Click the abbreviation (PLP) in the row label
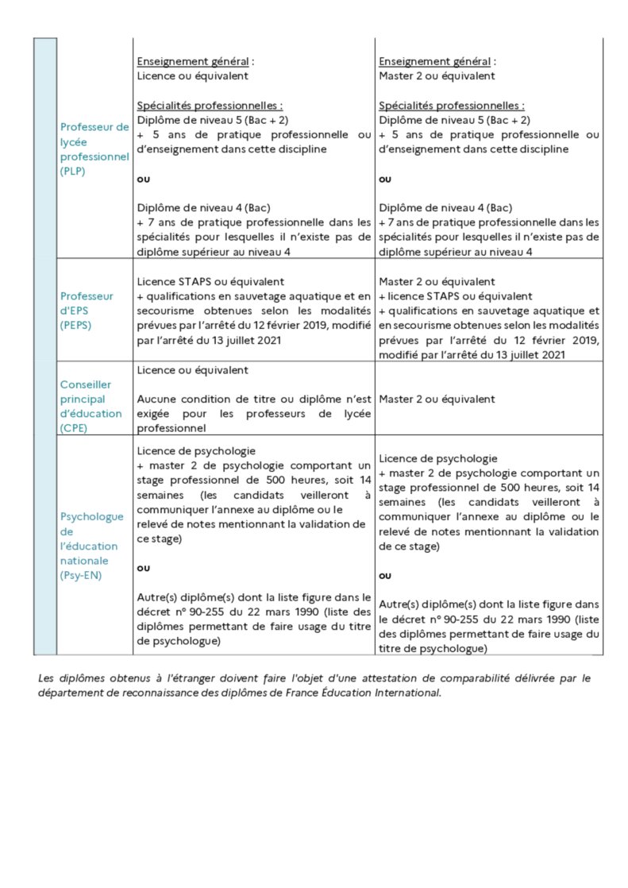tap(72, 172)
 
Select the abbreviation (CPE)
tap(73, 428)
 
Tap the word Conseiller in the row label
tap(87, 384)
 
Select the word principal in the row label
tap(83, 399)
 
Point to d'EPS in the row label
tap(75, 311)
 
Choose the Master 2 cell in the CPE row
tap(437, 400)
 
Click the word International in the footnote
tap(408, 693)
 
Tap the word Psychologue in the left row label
tap(91, 516)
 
